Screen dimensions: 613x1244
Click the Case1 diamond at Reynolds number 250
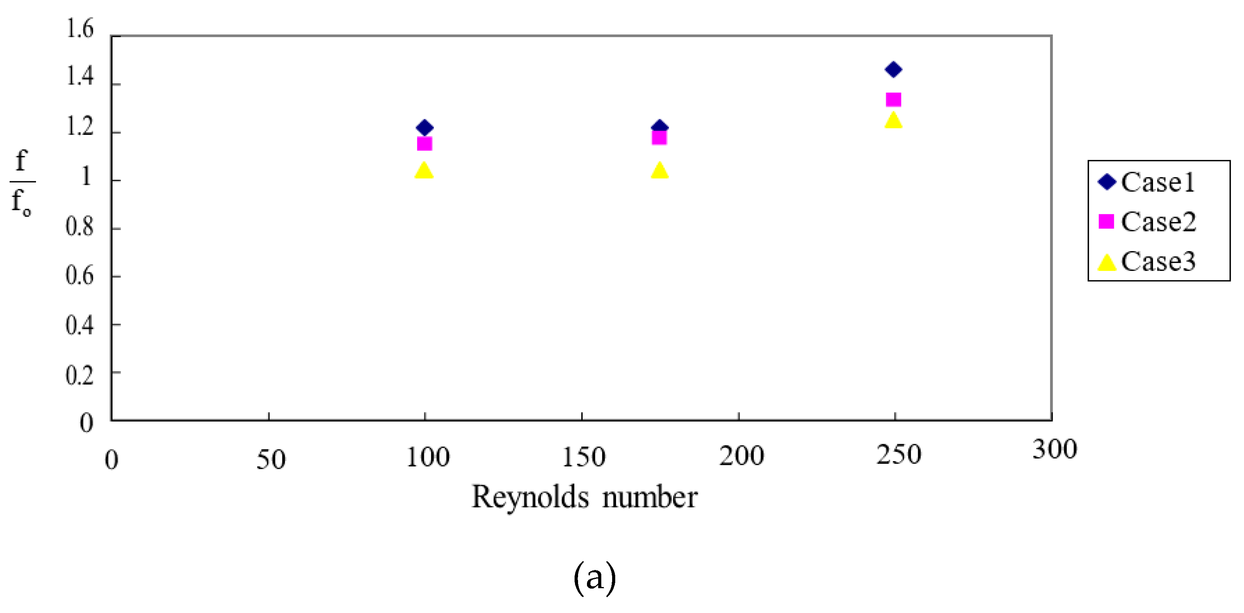point(893,70)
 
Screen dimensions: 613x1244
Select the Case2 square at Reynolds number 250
point(893,100)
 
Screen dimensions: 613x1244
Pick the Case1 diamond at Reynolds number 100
point(424,128)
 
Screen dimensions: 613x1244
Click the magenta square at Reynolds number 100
point(424,144)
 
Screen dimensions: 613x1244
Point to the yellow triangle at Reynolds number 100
point(424,170)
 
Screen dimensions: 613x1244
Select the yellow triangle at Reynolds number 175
point(659,170)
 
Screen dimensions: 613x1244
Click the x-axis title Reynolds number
point(584,497)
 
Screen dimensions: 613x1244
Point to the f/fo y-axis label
point(22,182)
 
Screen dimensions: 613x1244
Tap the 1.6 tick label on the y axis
point(80,29)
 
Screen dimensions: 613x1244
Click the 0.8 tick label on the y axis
point(80,227)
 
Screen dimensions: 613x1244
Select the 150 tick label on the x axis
point(583,457)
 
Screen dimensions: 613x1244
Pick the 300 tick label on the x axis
point(1055,449)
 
